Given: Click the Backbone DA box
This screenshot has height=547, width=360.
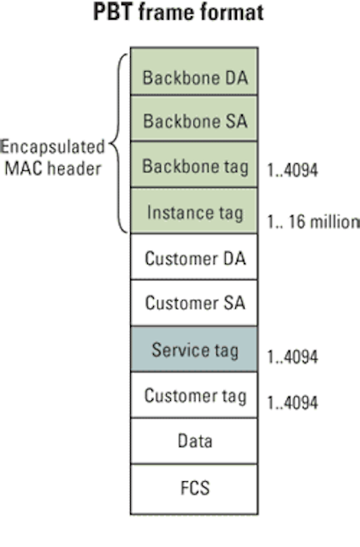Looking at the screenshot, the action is [194, 71].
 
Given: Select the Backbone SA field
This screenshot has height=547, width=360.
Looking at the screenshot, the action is [194, 118].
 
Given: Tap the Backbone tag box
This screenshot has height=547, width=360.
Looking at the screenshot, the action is [194, 165].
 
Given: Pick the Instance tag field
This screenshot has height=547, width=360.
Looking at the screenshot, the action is [194, 211].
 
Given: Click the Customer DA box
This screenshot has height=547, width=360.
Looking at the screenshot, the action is [194, 256].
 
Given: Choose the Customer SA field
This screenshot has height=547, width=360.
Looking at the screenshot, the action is [194, 303].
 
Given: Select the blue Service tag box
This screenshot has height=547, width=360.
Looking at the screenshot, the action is [194, 349].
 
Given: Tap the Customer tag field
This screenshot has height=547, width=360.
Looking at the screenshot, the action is [194, 395].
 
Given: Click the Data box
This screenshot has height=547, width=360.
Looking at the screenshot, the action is [194, 441].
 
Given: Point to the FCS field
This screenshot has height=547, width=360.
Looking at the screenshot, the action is [194, 489].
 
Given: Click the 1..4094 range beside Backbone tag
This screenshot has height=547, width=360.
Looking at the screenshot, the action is [292, 171].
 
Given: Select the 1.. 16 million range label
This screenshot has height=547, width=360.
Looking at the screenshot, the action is [313, 222].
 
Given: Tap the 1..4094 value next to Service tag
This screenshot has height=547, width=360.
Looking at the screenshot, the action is [292, 357].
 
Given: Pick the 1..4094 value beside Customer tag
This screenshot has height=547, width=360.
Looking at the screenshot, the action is [292, 403].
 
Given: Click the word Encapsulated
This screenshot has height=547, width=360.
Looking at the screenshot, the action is [52, 147].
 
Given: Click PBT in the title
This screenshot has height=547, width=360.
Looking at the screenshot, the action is [113, 12].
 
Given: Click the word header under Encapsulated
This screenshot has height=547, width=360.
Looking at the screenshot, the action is [74, 169].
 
